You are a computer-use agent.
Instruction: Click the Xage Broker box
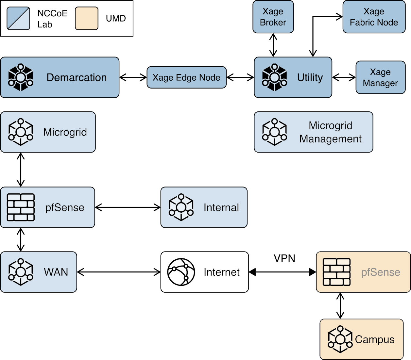point(273,17)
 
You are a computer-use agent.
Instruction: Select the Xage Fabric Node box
point(374,17)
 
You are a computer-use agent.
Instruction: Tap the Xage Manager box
point(380,77)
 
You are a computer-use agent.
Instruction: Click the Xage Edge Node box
point(186,77)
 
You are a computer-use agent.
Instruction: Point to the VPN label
point(284,258)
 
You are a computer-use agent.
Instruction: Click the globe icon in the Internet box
point(181,272)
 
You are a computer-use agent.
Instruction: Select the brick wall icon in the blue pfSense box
point(21,207)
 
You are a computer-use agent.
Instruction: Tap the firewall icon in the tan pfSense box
point(336,272)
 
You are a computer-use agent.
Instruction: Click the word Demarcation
point(77,77)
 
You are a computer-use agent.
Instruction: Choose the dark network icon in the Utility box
point(274,77)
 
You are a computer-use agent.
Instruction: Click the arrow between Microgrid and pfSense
point(21,170)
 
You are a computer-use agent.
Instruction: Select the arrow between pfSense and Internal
point(128,207)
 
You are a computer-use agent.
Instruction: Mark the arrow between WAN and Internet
point(119,272)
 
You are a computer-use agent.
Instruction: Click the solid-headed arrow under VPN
point(282,272)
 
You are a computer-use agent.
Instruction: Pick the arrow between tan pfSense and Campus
point(340,305)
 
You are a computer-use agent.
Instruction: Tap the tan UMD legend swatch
point(87,18)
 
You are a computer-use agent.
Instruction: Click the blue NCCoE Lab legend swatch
point(18,18)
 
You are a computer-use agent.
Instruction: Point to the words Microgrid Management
point(330,132)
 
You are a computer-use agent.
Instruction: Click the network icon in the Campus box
point(340,339)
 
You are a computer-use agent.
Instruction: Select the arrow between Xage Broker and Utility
point(273,45)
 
